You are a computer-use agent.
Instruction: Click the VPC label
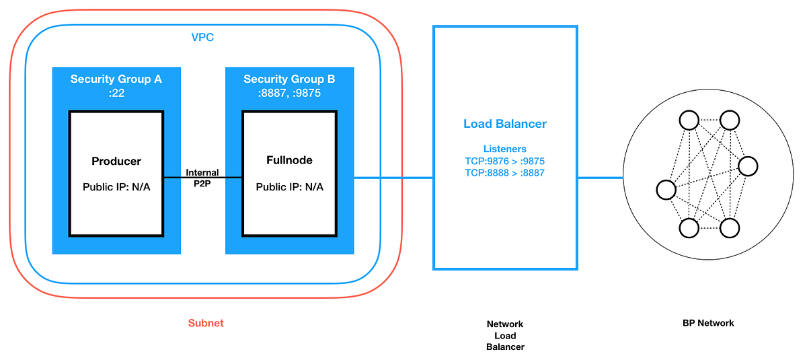[x=202, y=38]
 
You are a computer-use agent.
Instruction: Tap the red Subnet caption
[x=206, y=323]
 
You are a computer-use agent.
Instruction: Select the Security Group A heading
[x=116, y=79]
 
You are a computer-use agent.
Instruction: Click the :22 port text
[x=116, y=94]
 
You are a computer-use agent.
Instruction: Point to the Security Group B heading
[x=289, y=79]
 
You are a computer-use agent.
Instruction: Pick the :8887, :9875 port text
[x=289, y=94]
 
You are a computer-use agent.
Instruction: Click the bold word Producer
[x=116, y=161]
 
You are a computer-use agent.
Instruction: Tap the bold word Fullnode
[x=289, y=161]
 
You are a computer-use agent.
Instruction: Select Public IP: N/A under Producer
[x=116, y=186]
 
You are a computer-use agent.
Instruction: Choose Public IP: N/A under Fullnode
[x=289, y=186]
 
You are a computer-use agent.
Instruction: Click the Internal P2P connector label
[x=202, y=178]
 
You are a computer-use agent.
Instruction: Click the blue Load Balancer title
[x=505, y=124]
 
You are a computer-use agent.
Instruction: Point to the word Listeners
[x=505, y=149]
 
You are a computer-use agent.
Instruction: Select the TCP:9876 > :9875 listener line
[x=505, y=161]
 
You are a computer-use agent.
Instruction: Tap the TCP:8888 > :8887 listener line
[x=505, y=173]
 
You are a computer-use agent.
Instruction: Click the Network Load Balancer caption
[x=505, y=335]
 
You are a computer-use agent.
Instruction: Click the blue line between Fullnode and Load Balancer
[x=393, y=178]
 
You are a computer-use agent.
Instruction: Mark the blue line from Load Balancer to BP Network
[x=601, y=178]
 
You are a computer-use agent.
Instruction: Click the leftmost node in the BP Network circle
[x=666, y=190]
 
